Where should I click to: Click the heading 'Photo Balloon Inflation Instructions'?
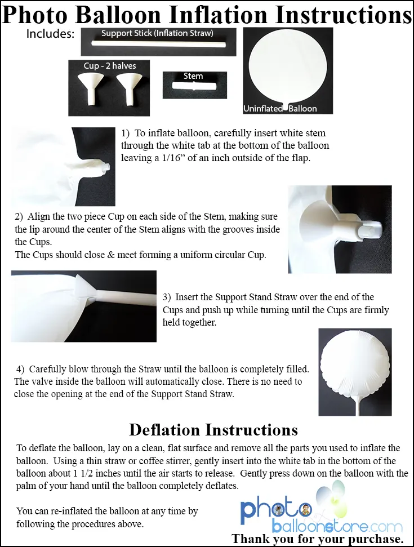(x=207, y=15)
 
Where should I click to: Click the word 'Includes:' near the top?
(x=50, y=34)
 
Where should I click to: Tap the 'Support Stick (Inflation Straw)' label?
(x=157, y=33)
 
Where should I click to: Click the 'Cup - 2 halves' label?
(x=110, y=66)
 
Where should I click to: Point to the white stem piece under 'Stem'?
(x=194, y=88)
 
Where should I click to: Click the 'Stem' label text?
(x=193, y=76)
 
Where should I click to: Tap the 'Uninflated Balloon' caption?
(x=280, y=108)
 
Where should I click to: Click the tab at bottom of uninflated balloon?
(x=287, y=104)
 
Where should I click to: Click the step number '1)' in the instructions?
(x=126, y=134)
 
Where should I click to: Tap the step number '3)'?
(x=167, y=297)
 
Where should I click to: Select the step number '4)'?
(x=20, y=370)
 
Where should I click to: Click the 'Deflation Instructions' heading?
(x=213, y=430)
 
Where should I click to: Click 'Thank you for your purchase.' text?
(x=318, y=539)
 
